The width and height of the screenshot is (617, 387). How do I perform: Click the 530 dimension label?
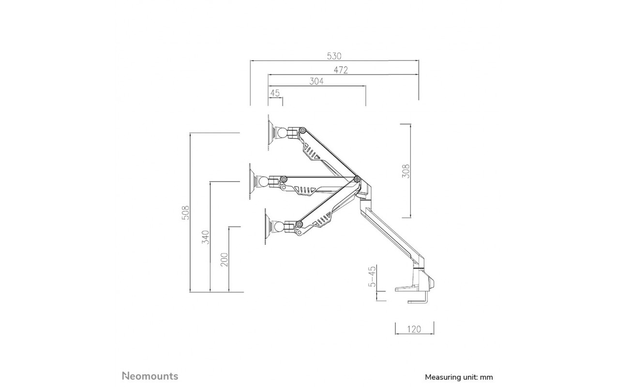click(x=334, y=56)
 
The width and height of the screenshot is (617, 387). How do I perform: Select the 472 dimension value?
click(x=341, y=70)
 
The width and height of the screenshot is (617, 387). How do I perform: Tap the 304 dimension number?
click(x=316, y=82)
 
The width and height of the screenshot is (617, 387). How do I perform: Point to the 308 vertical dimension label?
click(x=406, y=171)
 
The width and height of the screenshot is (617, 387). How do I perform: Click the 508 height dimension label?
click(x=186, y=212)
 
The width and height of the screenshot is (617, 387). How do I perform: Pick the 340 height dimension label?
click(x=206, y=237)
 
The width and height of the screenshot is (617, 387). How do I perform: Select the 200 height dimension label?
click(x=225, y=259)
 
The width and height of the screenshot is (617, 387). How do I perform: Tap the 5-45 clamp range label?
click(x=372, y=276)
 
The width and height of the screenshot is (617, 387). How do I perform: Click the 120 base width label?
click(x=414, y=329)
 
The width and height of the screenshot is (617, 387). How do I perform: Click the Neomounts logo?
click(x=150, y=376)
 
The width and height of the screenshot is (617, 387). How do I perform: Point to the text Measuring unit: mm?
click(x=459, y=377)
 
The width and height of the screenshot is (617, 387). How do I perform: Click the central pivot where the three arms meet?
click(x=357, y=179)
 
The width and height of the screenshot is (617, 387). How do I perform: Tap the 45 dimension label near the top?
click(x=275, y=93)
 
